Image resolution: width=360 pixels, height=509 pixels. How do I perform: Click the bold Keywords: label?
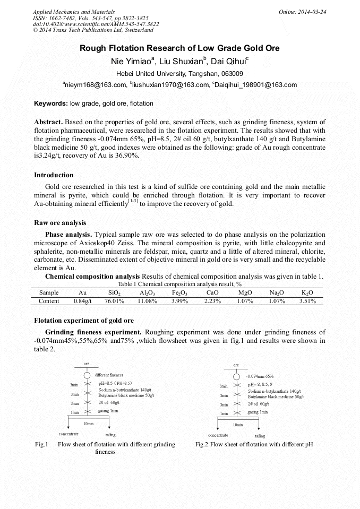(x=51, y=103)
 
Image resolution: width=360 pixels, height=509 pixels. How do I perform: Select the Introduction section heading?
(x=54, y=175)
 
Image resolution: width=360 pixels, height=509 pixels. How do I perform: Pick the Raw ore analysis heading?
(x=60, y=223)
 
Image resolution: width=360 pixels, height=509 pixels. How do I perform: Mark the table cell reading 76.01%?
(x=114, y=301)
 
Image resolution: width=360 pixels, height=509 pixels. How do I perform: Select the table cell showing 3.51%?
(x=307, y=301)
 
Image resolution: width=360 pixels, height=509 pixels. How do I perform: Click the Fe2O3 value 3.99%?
(x=180, y=301)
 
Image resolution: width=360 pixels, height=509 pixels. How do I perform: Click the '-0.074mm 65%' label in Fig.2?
(x=260, y=376)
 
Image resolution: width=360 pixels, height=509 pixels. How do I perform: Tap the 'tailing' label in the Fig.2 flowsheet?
(x=260, y=436)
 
